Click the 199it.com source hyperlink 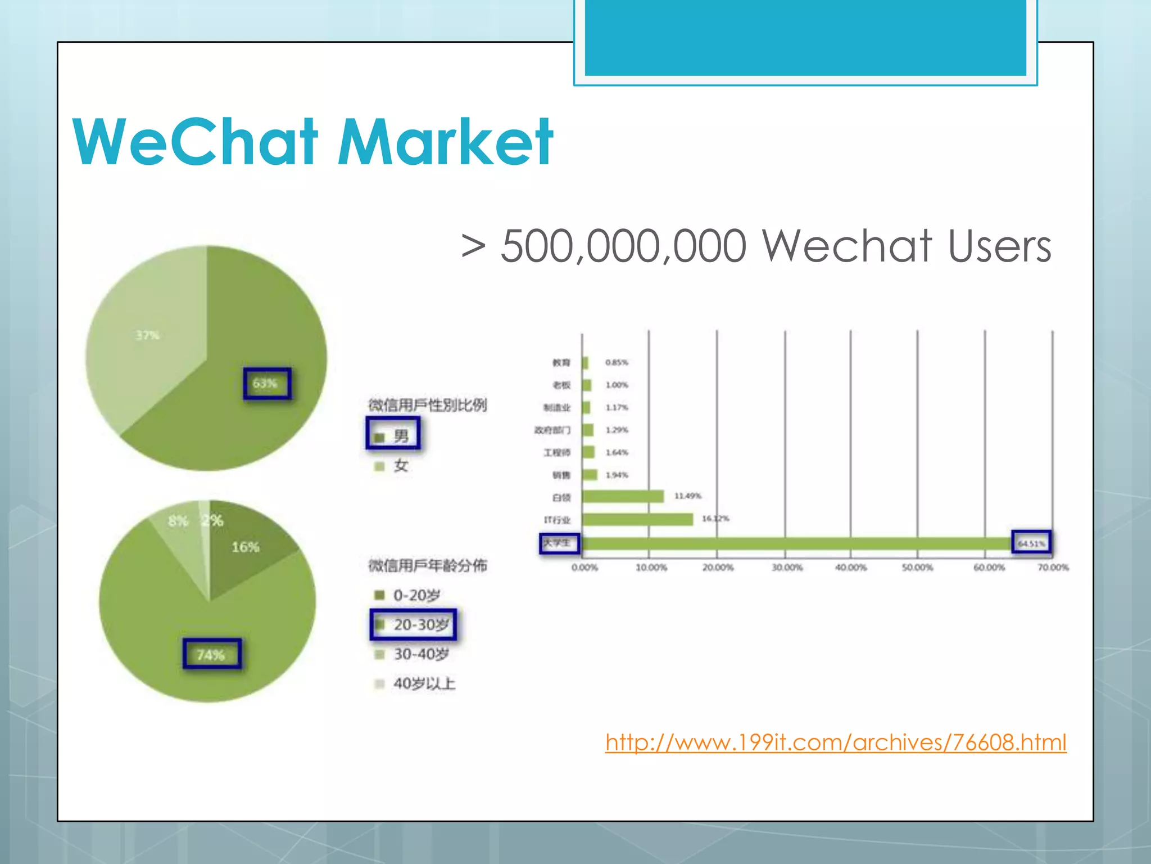836,742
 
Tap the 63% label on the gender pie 265,384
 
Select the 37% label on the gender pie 147,335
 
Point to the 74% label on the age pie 211,655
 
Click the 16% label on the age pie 246,547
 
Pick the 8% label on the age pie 178,521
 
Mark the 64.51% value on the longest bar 1031,543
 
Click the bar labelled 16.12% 638,519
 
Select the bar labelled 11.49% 623,496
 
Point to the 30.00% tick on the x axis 787,568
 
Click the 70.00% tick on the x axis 1053,568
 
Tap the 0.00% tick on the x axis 584,568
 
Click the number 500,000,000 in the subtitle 624,246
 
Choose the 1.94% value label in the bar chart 617,475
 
